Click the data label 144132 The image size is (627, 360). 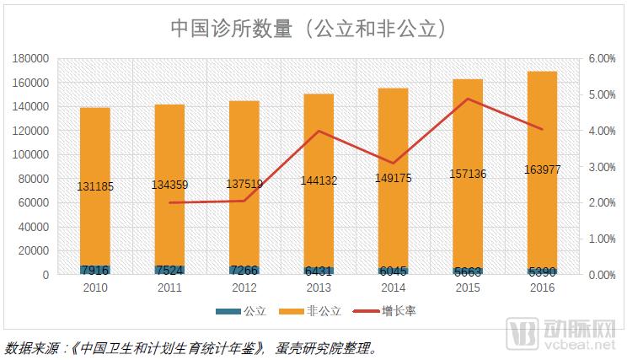click(319, 180)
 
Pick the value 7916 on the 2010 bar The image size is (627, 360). click(95, 270)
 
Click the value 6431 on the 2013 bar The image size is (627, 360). click(319, 271)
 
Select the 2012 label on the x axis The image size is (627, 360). click(244, 288)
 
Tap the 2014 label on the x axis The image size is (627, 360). click(394, 288)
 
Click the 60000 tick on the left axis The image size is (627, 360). click(35, 203)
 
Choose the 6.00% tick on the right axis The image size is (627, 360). click(603, 59)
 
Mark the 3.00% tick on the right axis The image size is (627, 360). click(603, 167)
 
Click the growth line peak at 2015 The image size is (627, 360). click(468, 99)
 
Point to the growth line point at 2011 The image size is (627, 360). click(169, 202)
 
